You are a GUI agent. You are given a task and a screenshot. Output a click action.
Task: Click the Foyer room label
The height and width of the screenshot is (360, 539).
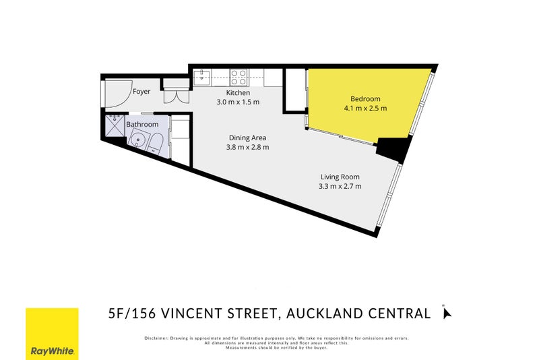click(x=141, y=91)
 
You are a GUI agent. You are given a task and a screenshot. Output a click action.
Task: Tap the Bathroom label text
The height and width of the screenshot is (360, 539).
click(x=142, y=125)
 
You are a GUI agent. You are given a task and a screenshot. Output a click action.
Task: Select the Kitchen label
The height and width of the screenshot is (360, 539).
click(x=238, y=92)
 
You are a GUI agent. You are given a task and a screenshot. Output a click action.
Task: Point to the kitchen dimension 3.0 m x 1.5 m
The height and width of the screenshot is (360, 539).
click(x=238, y=102)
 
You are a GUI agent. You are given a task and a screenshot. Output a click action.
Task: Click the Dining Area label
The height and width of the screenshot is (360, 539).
click(x=247, y=138)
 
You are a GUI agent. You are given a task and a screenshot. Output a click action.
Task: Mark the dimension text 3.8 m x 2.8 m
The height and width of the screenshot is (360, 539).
click(x=247, y=148)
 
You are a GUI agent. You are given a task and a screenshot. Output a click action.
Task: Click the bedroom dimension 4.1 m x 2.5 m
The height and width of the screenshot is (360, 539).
click(x=364, y=107)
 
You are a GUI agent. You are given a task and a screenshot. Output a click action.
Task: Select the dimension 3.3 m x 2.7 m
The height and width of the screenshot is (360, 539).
click(x=340, y=186)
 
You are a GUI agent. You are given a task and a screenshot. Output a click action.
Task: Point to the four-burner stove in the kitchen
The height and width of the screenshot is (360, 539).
click(x=239, y=76)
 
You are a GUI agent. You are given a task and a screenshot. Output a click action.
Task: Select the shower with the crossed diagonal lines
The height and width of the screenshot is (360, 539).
click(x=113, y=126)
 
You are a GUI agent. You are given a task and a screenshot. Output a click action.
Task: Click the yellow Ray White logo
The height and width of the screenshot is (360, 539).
click(x=52, y=333)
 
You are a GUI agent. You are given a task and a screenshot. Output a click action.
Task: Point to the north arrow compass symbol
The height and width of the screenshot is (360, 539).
click(x=445, y=312)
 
